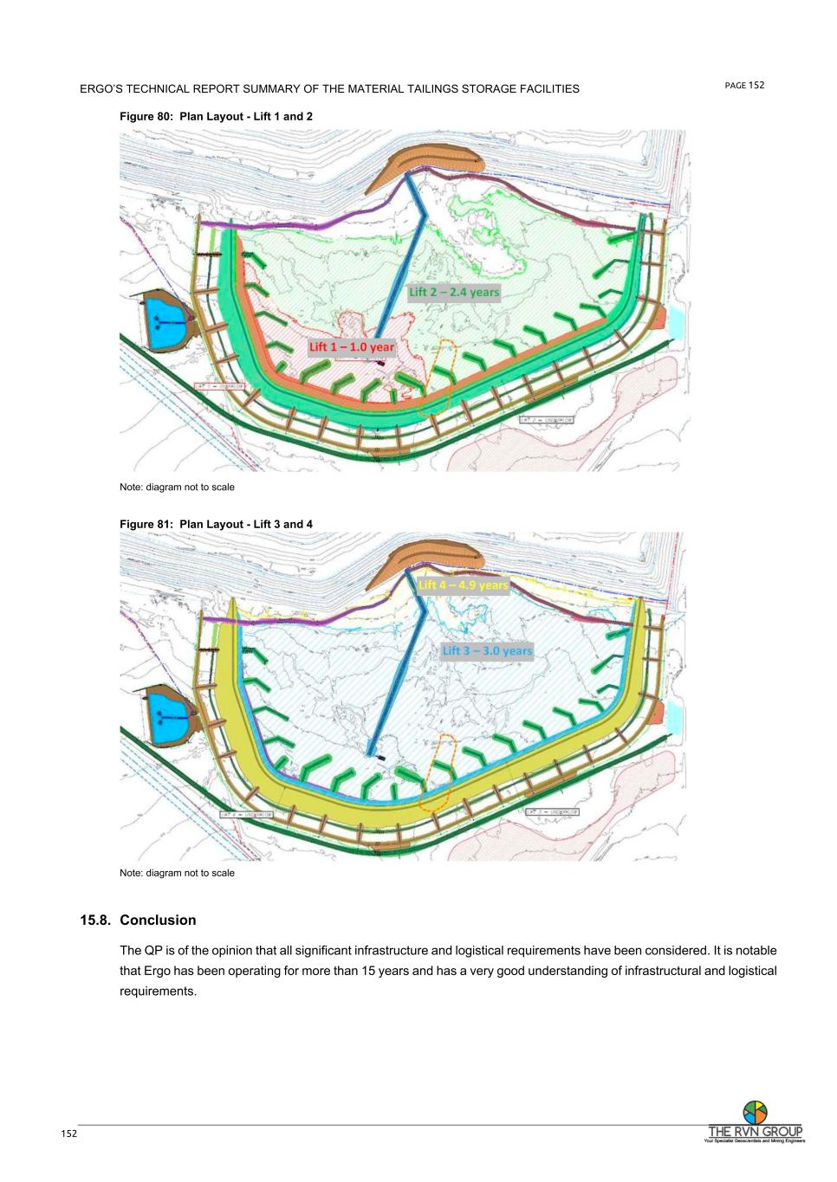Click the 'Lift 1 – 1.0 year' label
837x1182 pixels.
(x=351, y=347)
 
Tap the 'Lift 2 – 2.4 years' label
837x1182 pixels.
(x=454, y=292)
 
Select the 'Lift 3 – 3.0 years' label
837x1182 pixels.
(x=487, y=650)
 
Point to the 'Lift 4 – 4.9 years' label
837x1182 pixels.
(x=463, y=585)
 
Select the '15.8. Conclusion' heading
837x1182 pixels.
(x=139, y=920)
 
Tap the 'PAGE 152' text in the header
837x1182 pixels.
(x=744, y=85)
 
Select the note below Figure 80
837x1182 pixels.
(x=177, y=488)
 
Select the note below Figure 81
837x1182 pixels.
(x=177, y=873)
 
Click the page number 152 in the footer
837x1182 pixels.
(x=68, y=1134)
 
